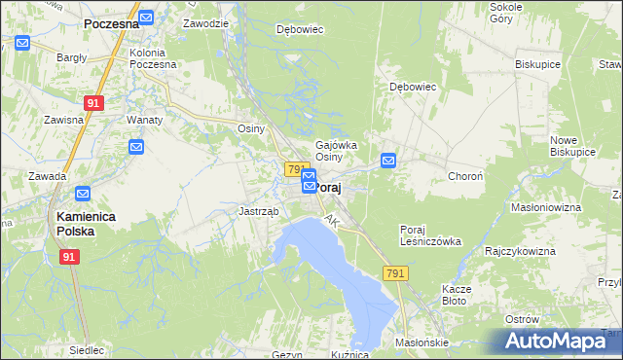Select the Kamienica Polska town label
[x=89, y=224]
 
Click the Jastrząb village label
[x=259, y=211]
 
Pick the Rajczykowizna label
[x=520, y=251]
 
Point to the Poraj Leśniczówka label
[x=430, y=235]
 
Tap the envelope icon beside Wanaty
[x=137, y=147]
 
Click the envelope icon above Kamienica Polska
[x=83, y=194]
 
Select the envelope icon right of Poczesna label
[x=146, y=18]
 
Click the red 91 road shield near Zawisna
[x=93, y=101]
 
